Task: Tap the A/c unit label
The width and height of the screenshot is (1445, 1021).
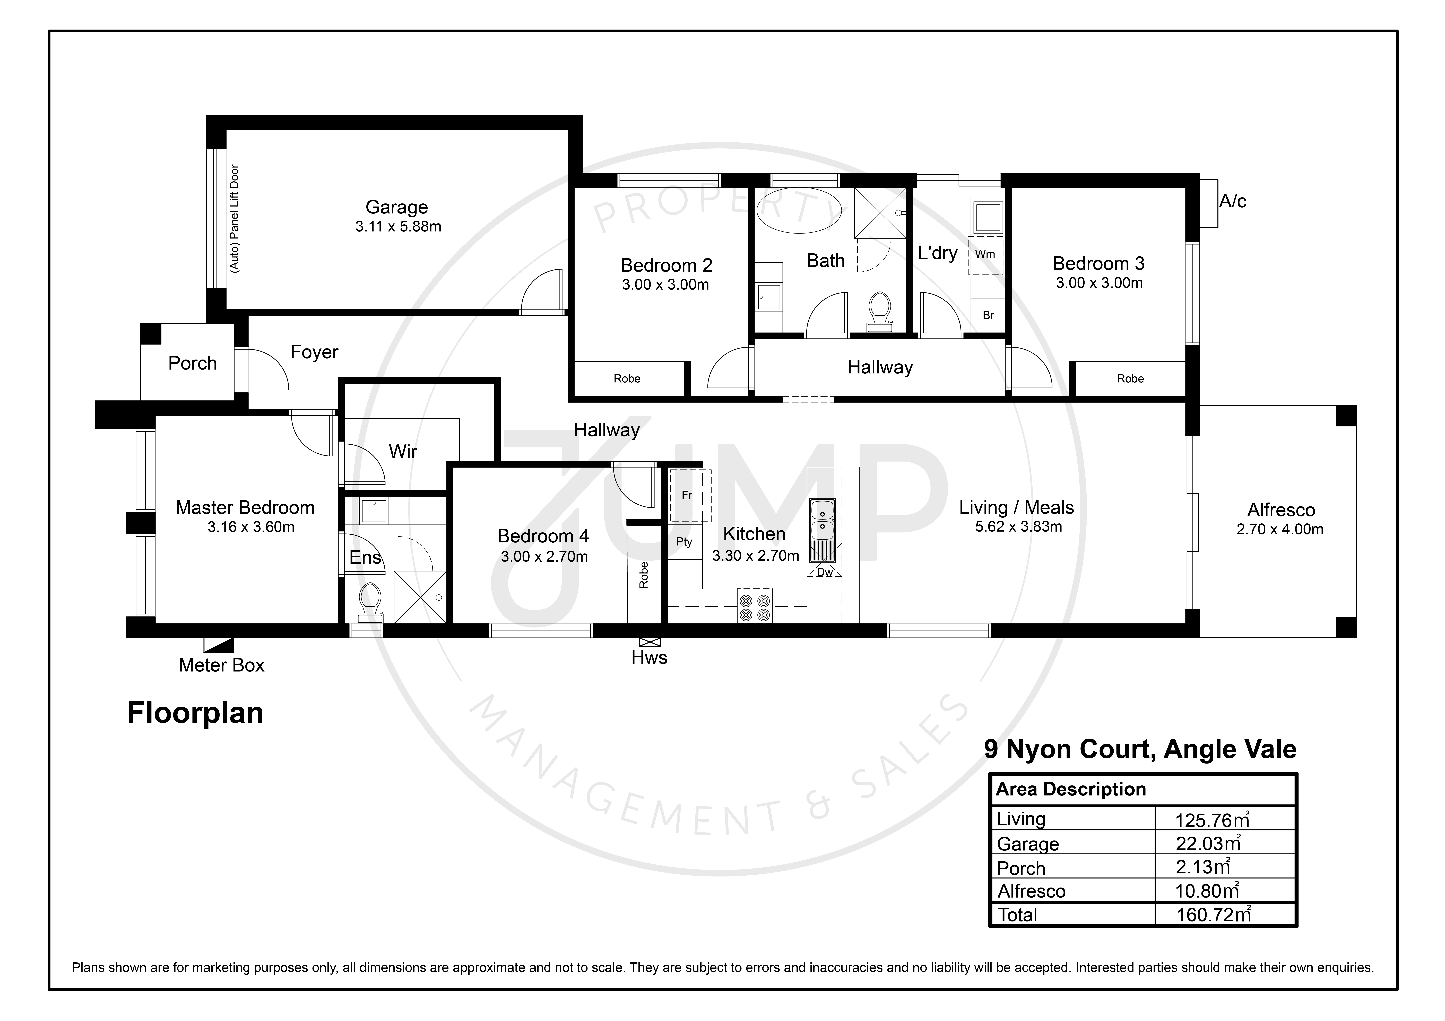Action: click(1232, 201)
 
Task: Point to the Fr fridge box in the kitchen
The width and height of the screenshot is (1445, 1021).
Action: click(690, 496)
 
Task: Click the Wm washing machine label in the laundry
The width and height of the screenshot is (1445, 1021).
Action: click(985, 254)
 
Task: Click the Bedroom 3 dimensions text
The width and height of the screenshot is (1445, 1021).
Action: click(1099, 283)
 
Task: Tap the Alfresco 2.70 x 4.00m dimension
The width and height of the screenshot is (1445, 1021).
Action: click(1279, 530)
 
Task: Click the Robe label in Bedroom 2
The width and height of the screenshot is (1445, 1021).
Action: click(627, 379)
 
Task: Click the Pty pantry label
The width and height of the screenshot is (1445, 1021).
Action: click(684, 542)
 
